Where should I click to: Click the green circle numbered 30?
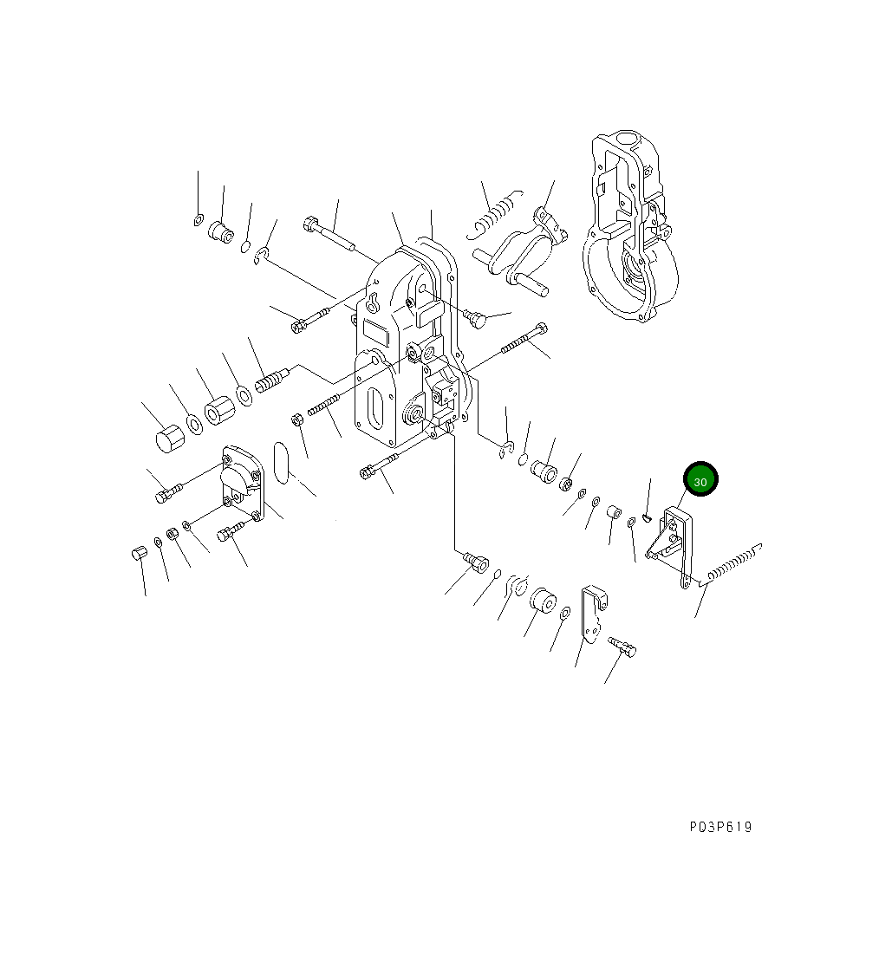click(x=700, y=479)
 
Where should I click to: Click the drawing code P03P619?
click(x=720, y=827)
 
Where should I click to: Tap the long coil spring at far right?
click(x=733, y=563)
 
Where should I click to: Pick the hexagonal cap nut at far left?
click(x=167, y=438)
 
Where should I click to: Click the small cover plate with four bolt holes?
click(x=244, y=484)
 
